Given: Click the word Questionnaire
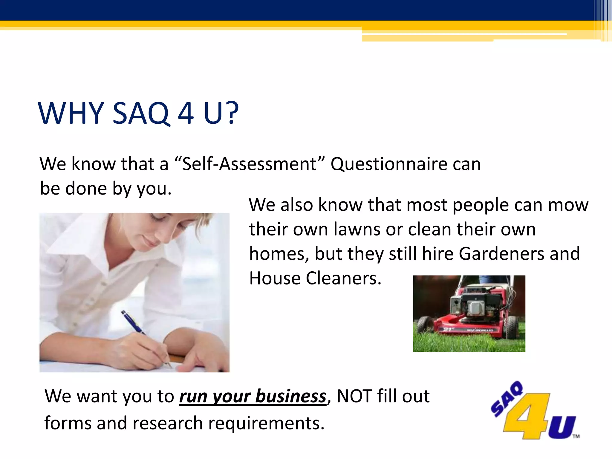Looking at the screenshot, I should point(388,164).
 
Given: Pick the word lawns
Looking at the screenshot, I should point(356,229).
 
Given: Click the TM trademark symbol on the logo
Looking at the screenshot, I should point(576,436).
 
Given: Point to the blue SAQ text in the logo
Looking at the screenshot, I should point(507,399).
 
